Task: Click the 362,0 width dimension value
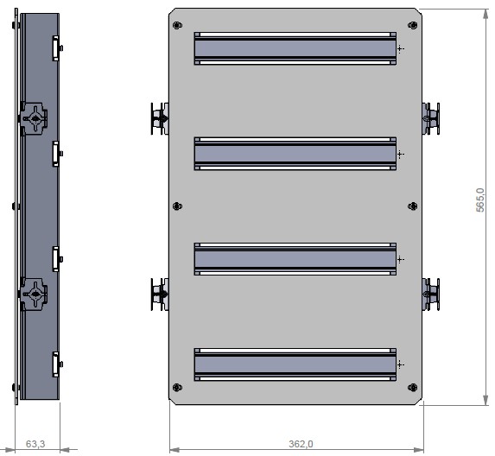[x=301, y=444]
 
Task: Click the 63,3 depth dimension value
[x=35, y=444]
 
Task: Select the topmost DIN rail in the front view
[x=295, y=48]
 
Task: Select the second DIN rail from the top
[x=295, y=154]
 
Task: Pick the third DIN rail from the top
[x=295, y=258]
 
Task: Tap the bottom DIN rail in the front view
[x=295, y=364]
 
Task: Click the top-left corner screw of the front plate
[x=177, y=25]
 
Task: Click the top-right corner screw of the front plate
[x=412, y=25]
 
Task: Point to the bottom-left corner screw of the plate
[x=177, y=386]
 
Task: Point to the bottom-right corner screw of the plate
[x=412, y=386]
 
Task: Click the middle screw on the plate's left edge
[x=177, y=206]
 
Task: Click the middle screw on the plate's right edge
[x=412, y=206]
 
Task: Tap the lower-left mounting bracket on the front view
[x=160, y=294]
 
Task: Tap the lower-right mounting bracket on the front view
[x=430, y=294]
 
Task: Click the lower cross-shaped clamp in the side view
[x=34, y=294]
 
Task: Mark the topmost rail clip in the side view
[x=57, y=48]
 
